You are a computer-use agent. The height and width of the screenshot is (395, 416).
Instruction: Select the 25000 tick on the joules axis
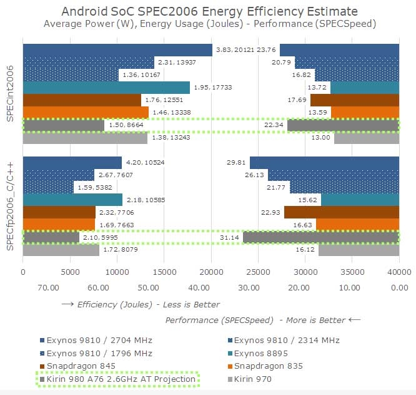[x=258, y=272]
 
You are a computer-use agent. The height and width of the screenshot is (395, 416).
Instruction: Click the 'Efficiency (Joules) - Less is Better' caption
[x=141, y=305]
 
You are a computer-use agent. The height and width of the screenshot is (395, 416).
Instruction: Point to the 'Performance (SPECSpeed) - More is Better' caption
[x=263, y=320]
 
